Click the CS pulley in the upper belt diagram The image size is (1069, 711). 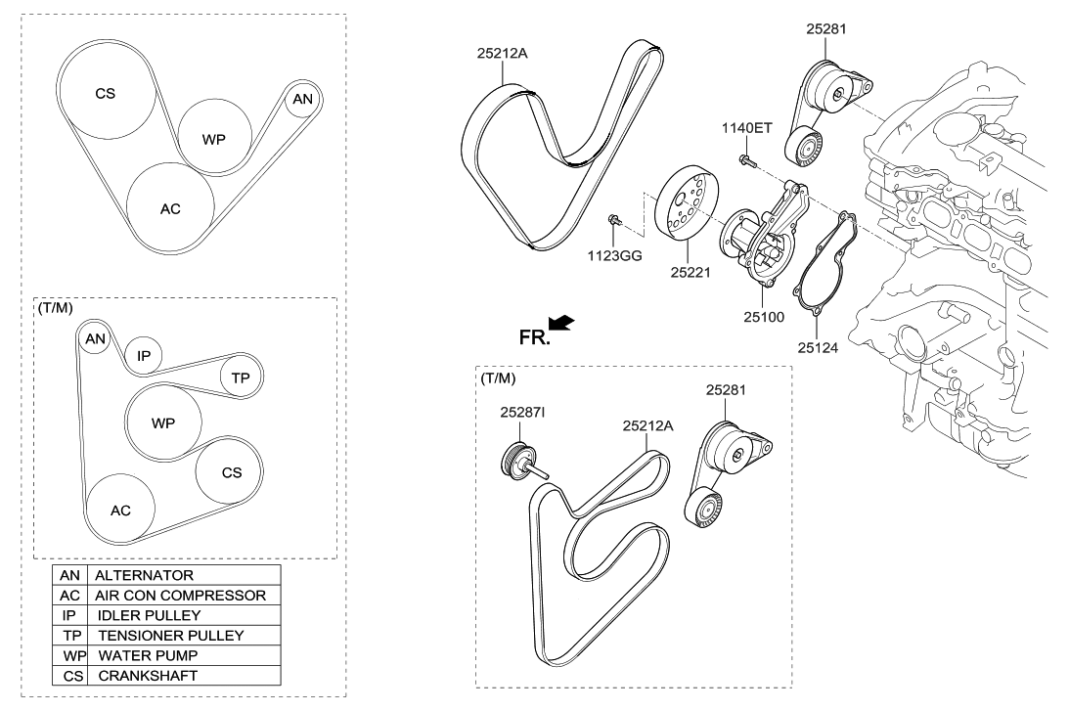[106, 94]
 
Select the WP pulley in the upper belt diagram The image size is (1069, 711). [214, 138]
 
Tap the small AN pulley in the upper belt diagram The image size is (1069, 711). [303, 99]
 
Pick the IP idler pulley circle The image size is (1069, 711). [144, 356]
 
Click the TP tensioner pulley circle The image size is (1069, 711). [241, 378]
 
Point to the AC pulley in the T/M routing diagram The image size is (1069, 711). [120, 510]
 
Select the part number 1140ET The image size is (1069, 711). [747, 128]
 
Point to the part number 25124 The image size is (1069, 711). [818, 346]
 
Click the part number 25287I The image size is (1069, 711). [523, 413]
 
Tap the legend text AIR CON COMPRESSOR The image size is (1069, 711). [180, 595]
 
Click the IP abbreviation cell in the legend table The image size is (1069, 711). [69, 615]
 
